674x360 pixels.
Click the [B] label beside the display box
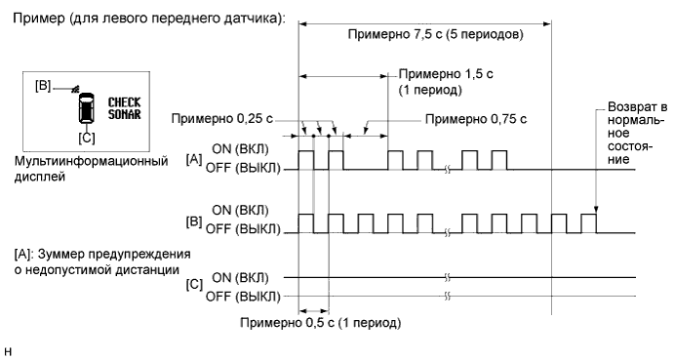pos(43,86)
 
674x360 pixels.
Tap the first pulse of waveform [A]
pos(306,160)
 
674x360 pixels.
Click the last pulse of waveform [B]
pos(588,222)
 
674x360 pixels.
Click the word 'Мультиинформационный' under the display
pos(88,160)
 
